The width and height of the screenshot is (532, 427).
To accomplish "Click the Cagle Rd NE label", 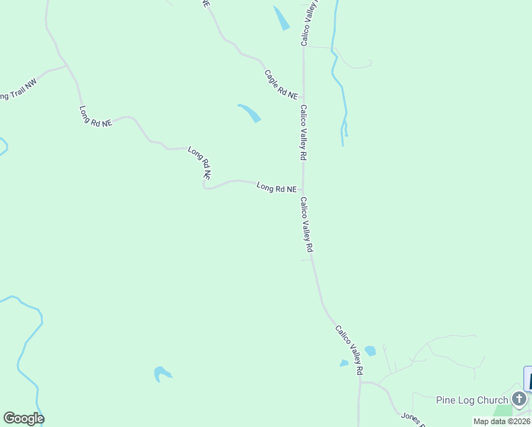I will tap(282, 83).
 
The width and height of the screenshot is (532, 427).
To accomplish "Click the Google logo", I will tap(23, 418).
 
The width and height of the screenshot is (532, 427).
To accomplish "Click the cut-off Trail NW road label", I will tap(18, 91).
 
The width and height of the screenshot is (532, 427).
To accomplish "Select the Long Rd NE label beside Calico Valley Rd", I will tap(277, 189).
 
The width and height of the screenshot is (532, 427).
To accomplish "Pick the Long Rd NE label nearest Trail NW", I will tap(96, 117).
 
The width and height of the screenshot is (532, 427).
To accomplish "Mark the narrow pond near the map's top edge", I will tap(282, 18).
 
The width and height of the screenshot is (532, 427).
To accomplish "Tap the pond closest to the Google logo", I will tap(162, 373).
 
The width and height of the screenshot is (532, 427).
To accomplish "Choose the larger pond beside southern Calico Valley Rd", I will tap(370, 351).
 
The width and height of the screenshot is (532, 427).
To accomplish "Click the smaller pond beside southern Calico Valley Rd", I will tap(344, 363).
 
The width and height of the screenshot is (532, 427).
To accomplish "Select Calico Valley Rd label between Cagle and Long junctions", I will tap(303, 132).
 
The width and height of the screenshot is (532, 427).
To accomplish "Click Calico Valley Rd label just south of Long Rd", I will tap(307, 225).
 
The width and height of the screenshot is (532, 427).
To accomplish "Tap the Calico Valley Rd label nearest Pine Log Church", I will tap(349, 350).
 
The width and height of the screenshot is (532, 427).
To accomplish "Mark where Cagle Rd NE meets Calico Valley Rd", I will tap(304, 98).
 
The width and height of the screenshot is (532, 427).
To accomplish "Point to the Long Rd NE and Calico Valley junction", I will tap(304, 189).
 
